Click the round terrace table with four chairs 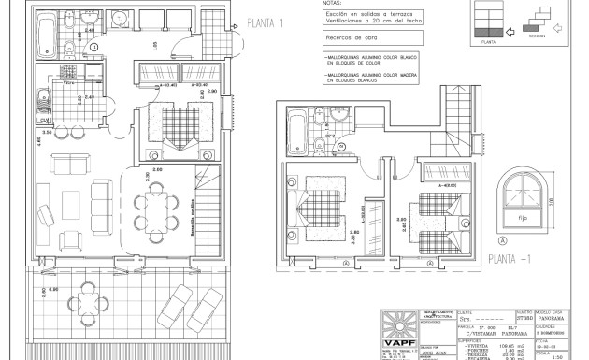coord(86,301)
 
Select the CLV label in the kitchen coord(44,120)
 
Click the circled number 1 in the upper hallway coord(93,47)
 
